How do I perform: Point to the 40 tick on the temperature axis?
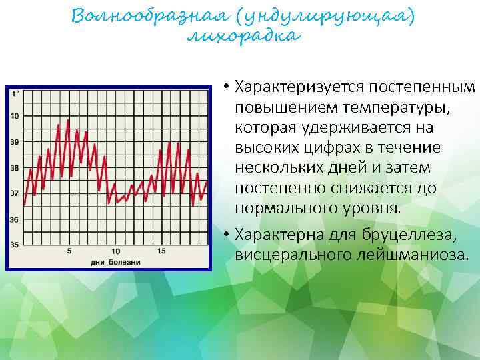coord(15,117)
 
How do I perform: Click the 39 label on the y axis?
coord(15,142)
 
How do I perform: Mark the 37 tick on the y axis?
coord(15,193)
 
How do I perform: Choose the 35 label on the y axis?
coord(15,245)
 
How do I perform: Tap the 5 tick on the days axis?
coord(70,251)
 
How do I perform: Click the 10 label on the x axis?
coord(115,251)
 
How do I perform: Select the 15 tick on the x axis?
coord(161,251)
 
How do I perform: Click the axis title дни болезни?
coord(115,261)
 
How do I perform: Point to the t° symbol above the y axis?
coord(15,93)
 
